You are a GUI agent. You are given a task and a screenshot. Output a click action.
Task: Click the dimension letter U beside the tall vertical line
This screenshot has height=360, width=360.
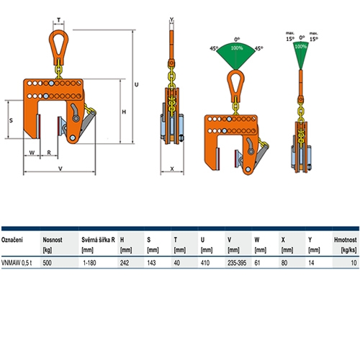click(x=136, y=84)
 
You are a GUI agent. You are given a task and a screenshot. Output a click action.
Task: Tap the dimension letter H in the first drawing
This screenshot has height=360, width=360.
click(x=124, y=112)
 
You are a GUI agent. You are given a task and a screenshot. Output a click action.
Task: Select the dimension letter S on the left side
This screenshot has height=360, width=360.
click(x=11, y=120)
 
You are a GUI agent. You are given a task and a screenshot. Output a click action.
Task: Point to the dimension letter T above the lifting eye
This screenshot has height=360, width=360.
click(x=58, y=20)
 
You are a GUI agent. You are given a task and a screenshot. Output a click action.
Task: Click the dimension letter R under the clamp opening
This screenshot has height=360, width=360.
click(x=49, y=153)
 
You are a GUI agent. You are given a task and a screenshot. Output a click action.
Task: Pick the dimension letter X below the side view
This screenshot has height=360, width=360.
click(x=172, y=169)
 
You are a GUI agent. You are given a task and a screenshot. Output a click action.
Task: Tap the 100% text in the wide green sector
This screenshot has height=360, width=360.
click(x=237, y=48)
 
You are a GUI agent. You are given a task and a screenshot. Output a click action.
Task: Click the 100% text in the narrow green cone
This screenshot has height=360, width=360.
click(x=300, y=46)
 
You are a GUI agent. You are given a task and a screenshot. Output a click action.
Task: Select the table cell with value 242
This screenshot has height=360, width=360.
click(x=125, y=263)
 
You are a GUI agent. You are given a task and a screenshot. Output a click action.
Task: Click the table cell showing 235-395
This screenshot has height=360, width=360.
click(x=237, y=263)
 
